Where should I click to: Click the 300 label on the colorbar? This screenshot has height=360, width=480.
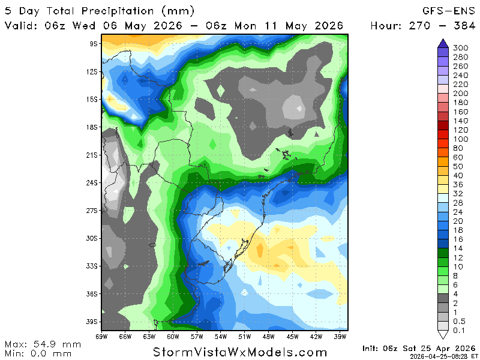461,48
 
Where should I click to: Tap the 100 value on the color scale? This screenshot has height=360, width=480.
461,139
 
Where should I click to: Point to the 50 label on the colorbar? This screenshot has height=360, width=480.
458,166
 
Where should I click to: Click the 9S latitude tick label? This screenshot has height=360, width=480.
94,44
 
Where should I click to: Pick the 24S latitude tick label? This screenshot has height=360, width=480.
92,182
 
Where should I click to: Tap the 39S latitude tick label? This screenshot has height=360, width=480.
92,322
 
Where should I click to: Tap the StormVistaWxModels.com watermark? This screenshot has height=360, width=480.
240,352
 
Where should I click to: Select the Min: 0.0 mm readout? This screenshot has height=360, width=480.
40,353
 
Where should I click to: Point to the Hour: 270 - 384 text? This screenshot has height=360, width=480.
422,26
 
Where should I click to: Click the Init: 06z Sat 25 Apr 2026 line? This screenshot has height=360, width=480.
419,348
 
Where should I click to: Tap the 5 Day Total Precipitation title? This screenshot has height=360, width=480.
100,11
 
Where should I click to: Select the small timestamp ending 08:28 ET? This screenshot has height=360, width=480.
443,356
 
